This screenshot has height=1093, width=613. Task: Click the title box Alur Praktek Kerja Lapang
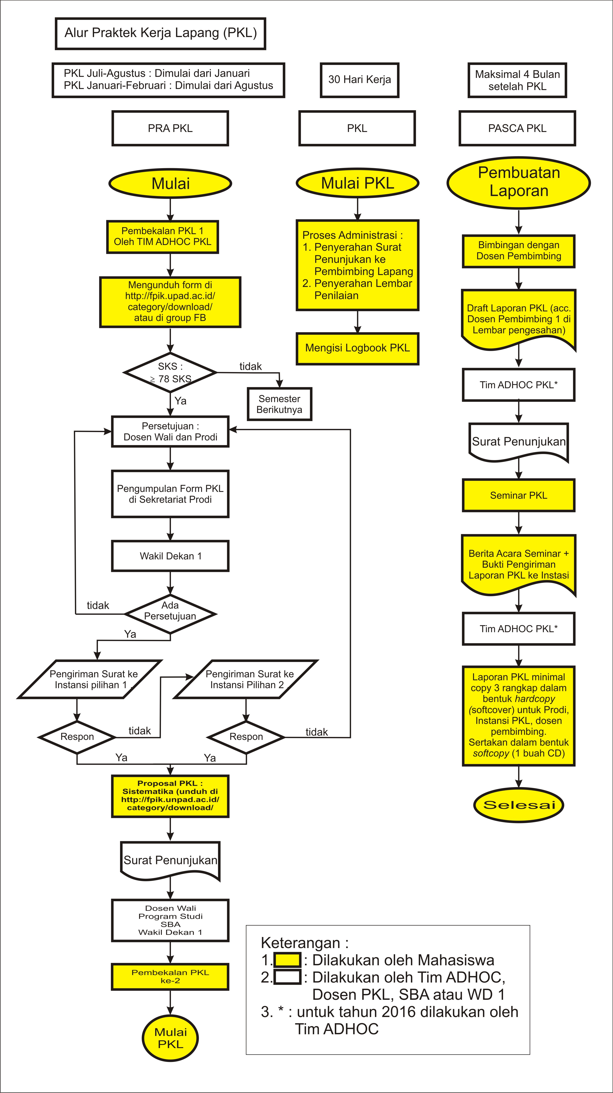(160, 33)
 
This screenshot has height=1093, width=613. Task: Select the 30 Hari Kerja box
(359, 80)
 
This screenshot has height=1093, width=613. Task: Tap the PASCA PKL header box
(517, 128)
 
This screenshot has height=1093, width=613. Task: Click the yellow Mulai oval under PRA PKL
(170, 183)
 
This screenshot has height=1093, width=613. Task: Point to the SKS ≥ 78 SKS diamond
(170, 372)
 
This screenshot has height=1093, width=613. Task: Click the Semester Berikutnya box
(279, 404)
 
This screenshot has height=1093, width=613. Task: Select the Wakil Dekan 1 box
(170, 556)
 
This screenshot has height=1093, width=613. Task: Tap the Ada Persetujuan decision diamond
(170, 614)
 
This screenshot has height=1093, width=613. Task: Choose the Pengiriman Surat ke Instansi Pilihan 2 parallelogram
(246, 679)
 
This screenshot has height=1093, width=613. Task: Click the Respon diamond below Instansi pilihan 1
(77, 737)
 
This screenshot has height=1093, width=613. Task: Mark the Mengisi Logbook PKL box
(358, 348)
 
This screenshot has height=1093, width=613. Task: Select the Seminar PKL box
(518, 495)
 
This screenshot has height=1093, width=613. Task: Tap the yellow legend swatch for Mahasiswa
(287, 960)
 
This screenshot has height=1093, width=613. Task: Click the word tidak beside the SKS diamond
(250, 366)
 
